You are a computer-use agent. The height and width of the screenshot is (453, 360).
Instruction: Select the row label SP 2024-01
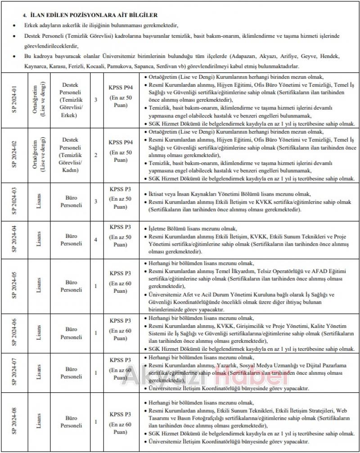tap(14, 99)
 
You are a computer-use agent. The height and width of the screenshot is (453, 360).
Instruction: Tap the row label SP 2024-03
tap(14, 202)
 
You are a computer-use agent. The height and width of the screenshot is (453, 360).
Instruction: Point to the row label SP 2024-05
tap(14, 286)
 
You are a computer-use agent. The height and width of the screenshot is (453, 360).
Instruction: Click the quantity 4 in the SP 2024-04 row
tap(95, 240)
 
